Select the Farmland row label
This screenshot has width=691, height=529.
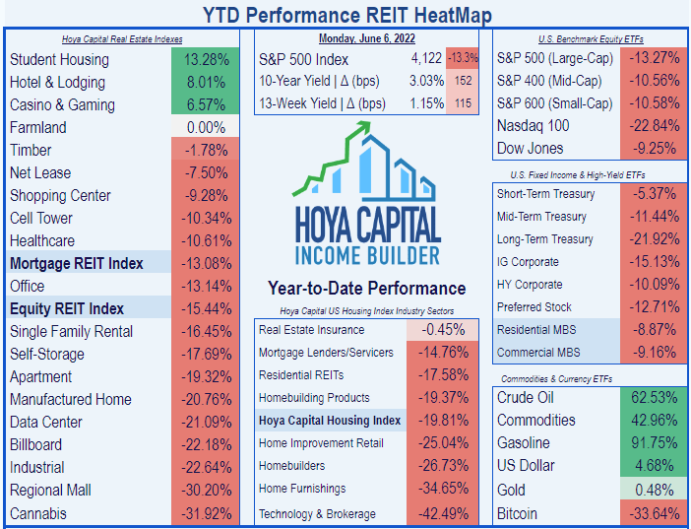38,127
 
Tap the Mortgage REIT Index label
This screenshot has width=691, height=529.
77,263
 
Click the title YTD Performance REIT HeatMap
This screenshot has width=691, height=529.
346,15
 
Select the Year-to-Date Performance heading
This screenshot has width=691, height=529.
367,289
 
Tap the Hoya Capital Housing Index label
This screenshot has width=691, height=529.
330,421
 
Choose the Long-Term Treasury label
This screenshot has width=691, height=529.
544,239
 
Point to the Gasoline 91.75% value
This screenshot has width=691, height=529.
653,443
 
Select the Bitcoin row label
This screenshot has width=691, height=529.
519,513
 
